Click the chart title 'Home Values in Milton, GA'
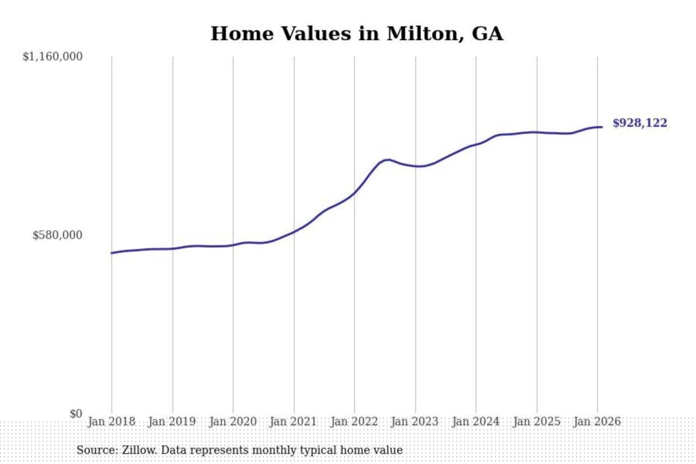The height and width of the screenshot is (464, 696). (357, 34)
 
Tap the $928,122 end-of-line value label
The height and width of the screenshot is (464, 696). (639, 123)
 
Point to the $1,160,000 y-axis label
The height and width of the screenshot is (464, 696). (53, 57)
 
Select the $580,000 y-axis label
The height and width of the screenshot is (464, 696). (58, 235)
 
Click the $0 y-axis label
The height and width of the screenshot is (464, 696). (76, 414)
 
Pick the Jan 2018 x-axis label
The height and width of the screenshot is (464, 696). (112, 421)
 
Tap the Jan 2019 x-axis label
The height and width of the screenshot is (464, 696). (172, 421)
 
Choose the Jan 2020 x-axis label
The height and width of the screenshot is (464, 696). (233, 421)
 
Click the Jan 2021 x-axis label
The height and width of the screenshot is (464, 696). (293, 421)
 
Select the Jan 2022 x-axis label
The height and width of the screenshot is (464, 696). (354, 421)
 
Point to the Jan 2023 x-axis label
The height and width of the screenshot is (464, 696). (415, 421)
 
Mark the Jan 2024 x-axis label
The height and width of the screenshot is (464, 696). (476, 421)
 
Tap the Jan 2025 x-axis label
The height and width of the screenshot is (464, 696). (536, 421)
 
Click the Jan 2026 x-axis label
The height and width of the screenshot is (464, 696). (597, 421)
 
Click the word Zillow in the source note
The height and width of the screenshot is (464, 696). (139, 450)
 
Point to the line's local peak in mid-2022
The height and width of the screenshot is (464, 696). (388, 159)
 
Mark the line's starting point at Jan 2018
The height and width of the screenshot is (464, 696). (112, 253)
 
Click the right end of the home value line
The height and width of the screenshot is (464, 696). (602, 127)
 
